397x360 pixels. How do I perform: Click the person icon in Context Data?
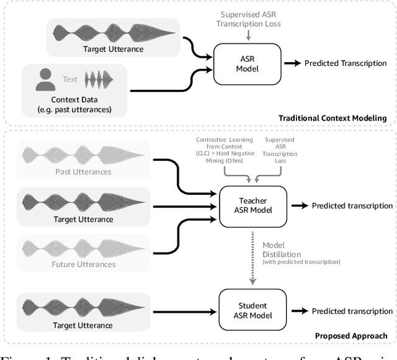coord(45,80)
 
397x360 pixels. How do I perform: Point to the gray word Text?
coord(70,79)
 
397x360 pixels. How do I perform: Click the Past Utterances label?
coord(83,171)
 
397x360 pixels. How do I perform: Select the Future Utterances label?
coord(83,264)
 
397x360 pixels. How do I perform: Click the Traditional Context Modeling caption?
coord(332,118)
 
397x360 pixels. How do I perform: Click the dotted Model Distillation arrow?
coord(253,254)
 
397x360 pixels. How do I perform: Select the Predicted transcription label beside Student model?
coord(352,310)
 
